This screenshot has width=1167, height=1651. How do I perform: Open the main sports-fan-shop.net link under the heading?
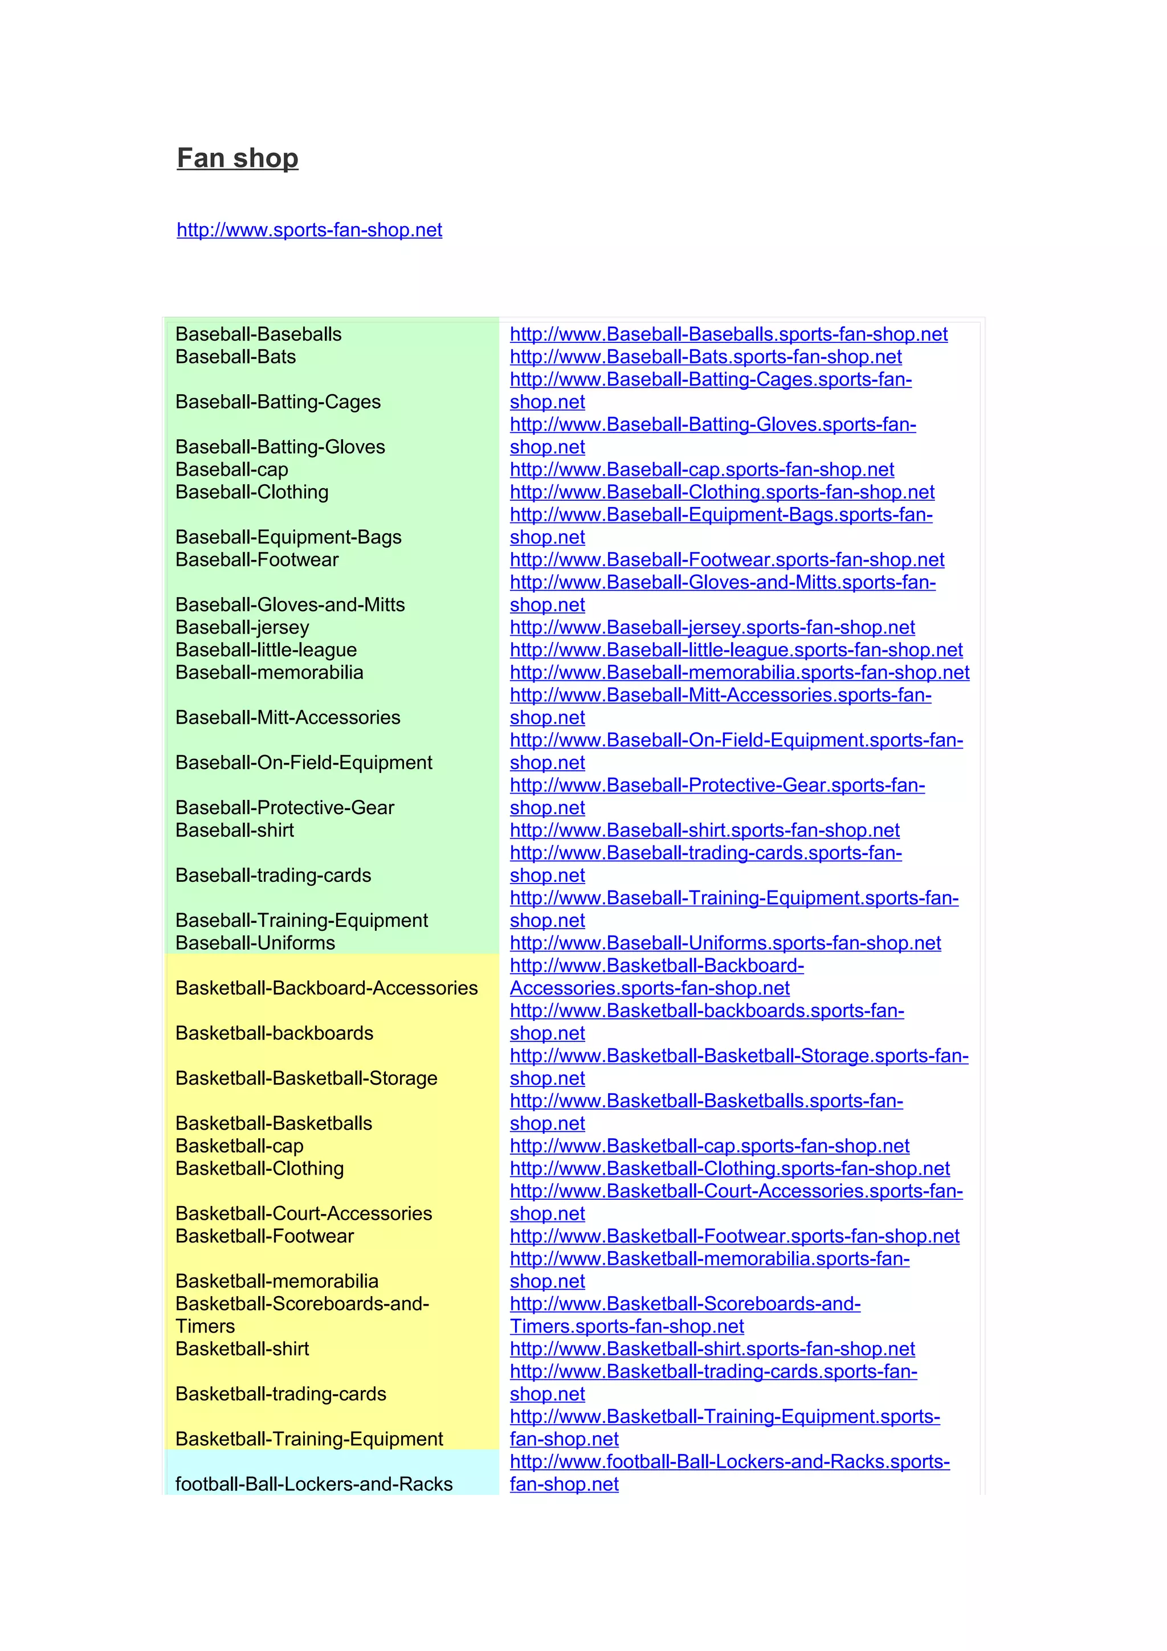point(309,230)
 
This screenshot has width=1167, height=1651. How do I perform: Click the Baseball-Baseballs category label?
point(258,334)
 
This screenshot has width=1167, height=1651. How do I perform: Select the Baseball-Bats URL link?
point(705,357)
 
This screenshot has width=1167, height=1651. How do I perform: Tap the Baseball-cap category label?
point(231,469)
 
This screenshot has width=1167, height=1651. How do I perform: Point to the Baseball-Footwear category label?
point(256,559)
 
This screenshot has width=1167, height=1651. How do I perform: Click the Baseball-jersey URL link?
point(712,627)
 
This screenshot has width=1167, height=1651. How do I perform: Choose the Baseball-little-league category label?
point(266,650)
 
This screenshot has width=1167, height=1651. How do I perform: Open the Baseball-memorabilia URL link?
point(739,672)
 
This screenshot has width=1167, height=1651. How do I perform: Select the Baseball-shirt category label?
point(234,831)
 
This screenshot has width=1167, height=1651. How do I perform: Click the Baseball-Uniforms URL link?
point(725,943)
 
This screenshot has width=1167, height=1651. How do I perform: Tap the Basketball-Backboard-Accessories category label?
point(327,988)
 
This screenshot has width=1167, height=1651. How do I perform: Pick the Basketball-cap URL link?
point(709,1146)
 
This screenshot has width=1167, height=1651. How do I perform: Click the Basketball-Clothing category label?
point(260,1168)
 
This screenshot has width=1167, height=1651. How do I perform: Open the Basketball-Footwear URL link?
point(734,1236)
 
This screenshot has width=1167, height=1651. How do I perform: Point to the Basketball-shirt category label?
point(242,1349)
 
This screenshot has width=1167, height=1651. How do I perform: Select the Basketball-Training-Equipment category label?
point(309,1439)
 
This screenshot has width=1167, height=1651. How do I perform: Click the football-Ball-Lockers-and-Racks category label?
point(313,1484)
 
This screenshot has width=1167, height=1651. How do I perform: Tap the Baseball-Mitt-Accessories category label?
point(288,718)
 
